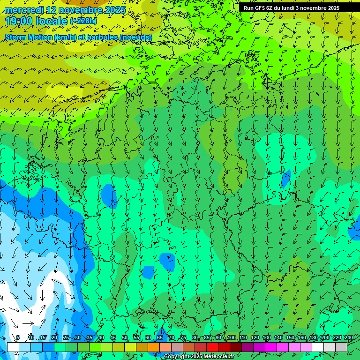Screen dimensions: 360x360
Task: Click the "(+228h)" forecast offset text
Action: tap(84, 21)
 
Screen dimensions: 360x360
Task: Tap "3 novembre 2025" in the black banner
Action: tap(317, 8)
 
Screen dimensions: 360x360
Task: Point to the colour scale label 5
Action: tap(18, 337)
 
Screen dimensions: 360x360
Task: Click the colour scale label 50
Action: tap(125, 337)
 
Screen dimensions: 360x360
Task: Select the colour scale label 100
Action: tap(231, 337)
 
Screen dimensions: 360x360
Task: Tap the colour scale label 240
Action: tap(349, 337)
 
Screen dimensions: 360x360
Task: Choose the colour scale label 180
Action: tap(313, 337)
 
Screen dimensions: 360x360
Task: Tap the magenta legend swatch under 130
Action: tap(271, 347)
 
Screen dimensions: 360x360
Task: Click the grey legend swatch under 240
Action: tap(341, 347)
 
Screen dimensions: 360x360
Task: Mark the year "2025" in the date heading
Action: tap(114, 10)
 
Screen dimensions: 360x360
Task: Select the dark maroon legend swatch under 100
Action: tap(236, 347)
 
